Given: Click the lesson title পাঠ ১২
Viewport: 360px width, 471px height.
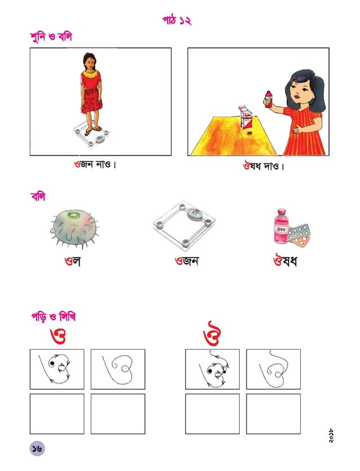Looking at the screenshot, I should point(177,21).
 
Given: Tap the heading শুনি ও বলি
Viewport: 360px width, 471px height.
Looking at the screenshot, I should point(51,37).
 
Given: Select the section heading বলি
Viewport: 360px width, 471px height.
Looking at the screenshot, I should point(38,197).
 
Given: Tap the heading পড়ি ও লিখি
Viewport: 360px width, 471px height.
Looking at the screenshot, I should point(54,317).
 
